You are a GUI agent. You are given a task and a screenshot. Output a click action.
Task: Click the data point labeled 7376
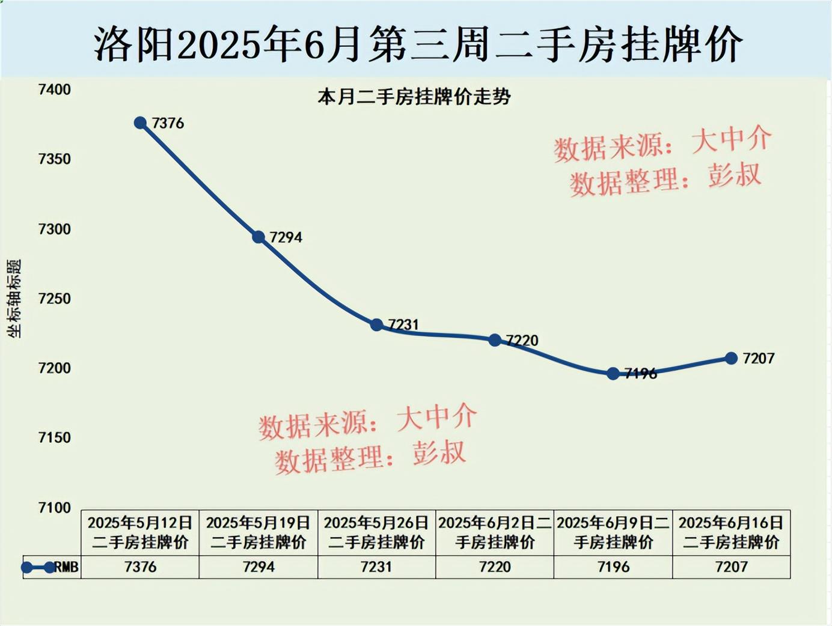pyautogui.click(x=140, y=123)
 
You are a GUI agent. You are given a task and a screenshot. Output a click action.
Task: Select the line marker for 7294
pyautogui.click(x=258, y=237)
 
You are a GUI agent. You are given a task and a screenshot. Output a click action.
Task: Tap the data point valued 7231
pyautogui.click(x=376, y=325)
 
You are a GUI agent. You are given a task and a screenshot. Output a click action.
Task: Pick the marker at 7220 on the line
pyautogui.click(x=495, y=340)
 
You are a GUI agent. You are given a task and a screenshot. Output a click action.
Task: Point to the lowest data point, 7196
pyautogui.click(x=613, y=374)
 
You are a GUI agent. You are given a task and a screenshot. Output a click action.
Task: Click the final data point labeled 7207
pyautogui.click(x=731, y=359)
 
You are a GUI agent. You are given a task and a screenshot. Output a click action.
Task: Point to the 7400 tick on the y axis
pyautogui.click(x=54, y=90)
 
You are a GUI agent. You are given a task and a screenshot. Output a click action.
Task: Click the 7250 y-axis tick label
pyautogui.click(x=54, y=299)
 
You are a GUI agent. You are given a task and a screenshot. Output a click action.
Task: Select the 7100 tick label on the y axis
pyautogui.click(x=54, y=508)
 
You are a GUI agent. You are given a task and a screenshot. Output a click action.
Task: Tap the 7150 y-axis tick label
pyautogui.click(x=54, y=438)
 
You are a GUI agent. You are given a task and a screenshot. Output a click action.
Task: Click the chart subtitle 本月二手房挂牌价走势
pyautogui.click(x=414, y=97)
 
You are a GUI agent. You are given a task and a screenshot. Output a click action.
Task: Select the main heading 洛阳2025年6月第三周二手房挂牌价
pyautogui.click(x=418, y=43)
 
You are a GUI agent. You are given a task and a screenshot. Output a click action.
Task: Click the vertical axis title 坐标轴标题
pyautogui.click(x=14, y=299)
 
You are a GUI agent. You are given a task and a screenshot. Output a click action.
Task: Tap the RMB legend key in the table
pyautogui.click(x=51, y=567)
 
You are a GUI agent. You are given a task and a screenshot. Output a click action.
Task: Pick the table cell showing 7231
pyautogui.click(x=376, y=567)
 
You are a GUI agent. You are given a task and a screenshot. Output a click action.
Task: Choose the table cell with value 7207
pyautogui.click(x=731, y=567)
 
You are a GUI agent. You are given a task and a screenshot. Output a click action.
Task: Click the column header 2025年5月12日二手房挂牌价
pyautogui.click(x=140, y=532)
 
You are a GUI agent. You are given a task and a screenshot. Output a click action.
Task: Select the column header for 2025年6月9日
pyautogui.click(x=613, y=532)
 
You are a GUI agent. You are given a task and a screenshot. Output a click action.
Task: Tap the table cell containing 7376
pyautogui.click(x=140, y=567)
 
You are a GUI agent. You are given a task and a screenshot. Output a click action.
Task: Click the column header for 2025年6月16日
pyautogui.click(x=731, y=532)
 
